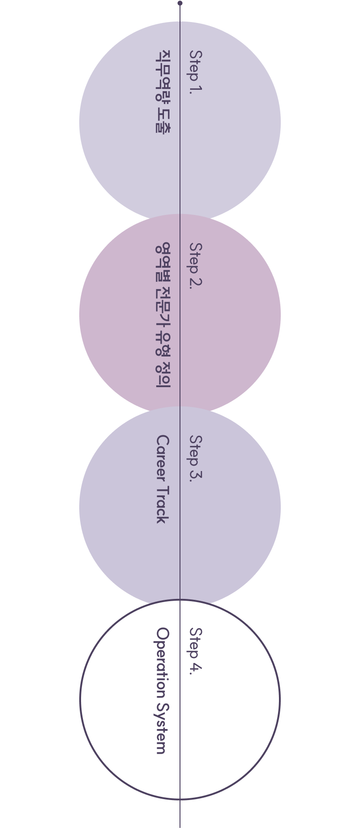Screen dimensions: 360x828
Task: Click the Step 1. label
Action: coord(196,72)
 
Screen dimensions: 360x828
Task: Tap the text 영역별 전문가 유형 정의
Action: coord(163,315)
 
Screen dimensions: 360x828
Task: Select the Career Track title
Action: coord(163,479)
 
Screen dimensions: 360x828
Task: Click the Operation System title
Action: coord(163,691)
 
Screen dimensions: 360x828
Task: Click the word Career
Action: coord(163,458)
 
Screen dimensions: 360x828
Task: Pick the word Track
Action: coord(163,504)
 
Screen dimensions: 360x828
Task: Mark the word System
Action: coord(163,727)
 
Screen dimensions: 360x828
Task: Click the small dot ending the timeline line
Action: coord(180,3)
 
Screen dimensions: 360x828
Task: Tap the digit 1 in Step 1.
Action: coord(196,87)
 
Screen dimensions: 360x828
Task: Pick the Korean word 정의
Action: coord(163,376)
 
